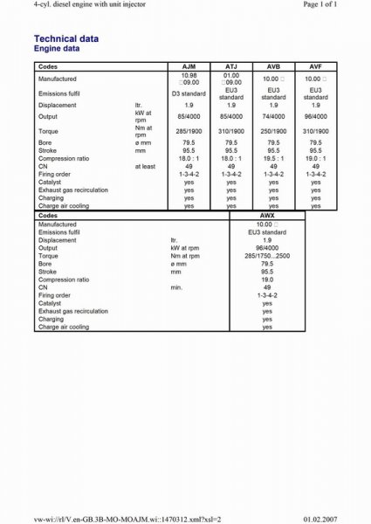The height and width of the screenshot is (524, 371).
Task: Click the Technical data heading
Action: [x=65, y=39]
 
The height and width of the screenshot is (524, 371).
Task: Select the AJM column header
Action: [x=189, y=66]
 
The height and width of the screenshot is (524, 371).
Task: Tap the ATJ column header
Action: [x=231, y=66]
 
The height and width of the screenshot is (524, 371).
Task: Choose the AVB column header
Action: [x=273, y=66]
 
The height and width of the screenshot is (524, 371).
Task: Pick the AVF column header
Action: [x=315, y=66]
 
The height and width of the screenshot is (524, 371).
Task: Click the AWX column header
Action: [x=267, y=214]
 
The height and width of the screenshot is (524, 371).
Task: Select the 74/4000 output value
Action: [x=273, y=115]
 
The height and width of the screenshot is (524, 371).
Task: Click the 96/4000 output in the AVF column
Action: [x=315, y=115]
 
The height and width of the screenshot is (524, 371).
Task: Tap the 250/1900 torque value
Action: [x=273, y=130]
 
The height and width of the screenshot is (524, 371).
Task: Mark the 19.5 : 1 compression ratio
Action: [x=273, y=158]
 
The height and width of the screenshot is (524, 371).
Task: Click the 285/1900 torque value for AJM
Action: [x=189, y=130]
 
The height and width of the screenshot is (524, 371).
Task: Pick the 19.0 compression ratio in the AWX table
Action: [x=267, y=279]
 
